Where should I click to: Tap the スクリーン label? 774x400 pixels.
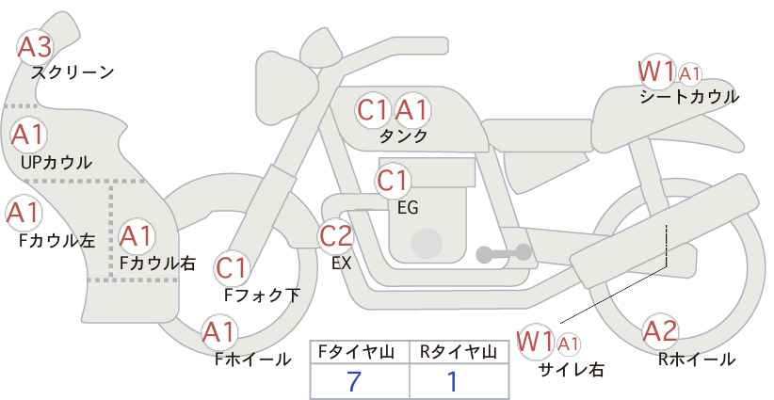click(x=73, y=72)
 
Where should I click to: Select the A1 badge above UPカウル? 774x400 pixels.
click(x=27, y=134)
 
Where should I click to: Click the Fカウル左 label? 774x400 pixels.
click(x=56, y=240)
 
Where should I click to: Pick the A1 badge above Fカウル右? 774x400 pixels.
click(x=136, y=233)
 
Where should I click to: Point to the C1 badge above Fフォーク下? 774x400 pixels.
click(x=231, y=269)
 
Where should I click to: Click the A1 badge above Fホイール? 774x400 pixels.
click(x=219, y=332)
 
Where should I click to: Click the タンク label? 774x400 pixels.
click(x=403, y=136)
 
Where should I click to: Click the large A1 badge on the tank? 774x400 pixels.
click(x=411, y=110)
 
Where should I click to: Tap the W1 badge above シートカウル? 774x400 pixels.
click(x=656, y=71)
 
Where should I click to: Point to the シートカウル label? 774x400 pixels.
click(x=688, y=96)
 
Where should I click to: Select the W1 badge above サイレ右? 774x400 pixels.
click(x=537, y=341)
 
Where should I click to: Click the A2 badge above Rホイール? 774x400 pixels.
click(x=660, y=331)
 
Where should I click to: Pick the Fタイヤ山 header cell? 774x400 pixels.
click(x=361, y=352)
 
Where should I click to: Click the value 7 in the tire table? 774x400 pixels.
click(x=354, y=381)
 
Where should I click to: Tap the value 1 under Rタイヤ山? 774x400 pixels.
click(x=452, y=381)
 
